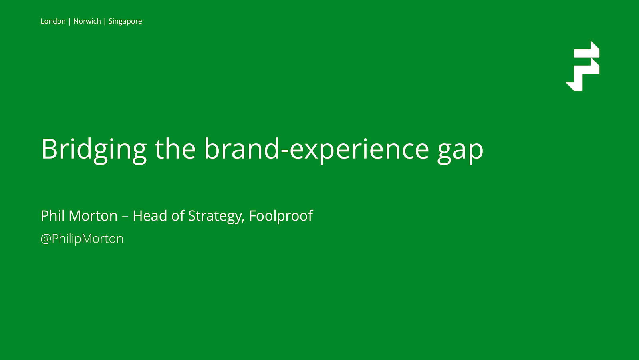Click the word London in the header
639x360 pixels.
tap(53, 21)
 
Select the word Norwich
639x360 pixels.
tap(87, 21)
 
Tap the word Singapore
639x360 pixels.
tap(125, 22)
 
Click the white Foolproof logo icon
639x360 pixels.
tap(583, 66)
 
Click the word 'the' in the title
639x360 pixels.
tap(175, 149)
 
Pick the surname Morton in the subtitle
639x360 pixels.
tap(93, 215)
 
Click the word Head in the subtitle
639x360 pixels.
tap(150, 215)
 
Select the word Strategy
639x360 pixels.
tap(216, 216)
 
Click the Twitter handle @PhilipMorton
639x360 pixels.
tap(82, 239)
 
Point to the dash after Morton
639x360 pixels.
tap(125, 217)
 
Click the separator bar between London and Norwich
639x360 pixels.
tap(69, 22)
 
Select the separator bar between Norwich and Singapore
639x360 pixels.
tap(105, 22)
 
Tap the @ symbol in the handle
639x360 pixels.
tap(46, 239)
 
